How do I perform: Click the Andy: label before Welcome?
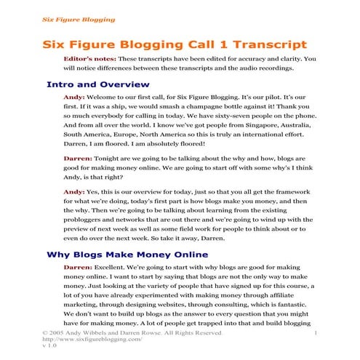coord(74,97)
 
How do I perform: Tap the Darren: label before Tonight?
coord(78,156)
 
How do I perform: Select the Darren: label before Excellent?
coord(78,268)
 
